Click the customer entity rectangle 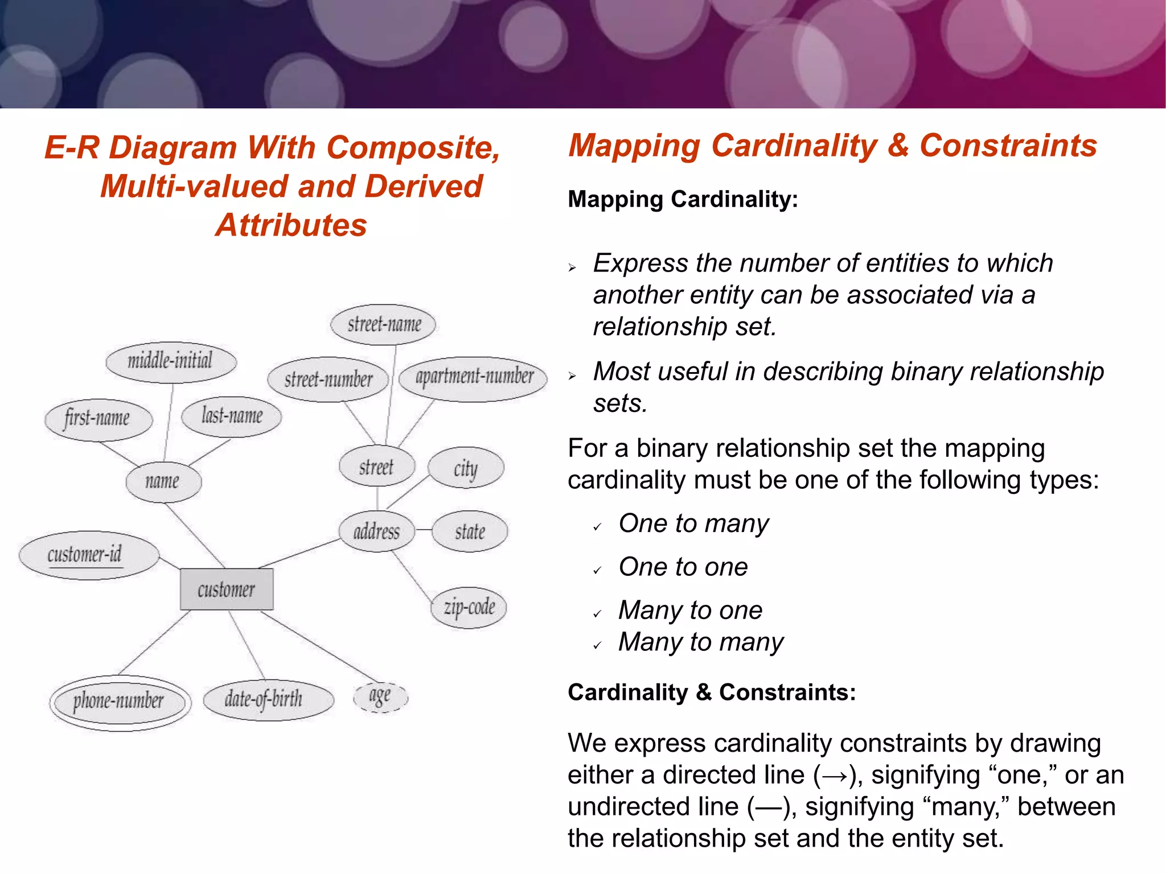227,589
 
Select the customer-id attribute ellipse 88,555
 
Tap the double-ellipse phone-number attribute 120,702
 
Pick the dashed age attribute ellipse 380,696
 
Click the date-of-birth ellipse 268,700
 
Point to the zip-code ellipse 469,608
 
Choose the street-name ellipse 384,325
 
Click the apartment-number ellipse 473,377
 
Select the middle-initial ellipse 171,361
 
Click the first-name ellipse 98,419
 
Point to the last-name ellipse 232,417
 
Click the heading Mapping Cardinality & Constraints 832,146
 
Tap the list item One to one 683,567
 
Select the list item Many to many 700,642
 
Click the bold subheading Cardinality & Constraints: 712,692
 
